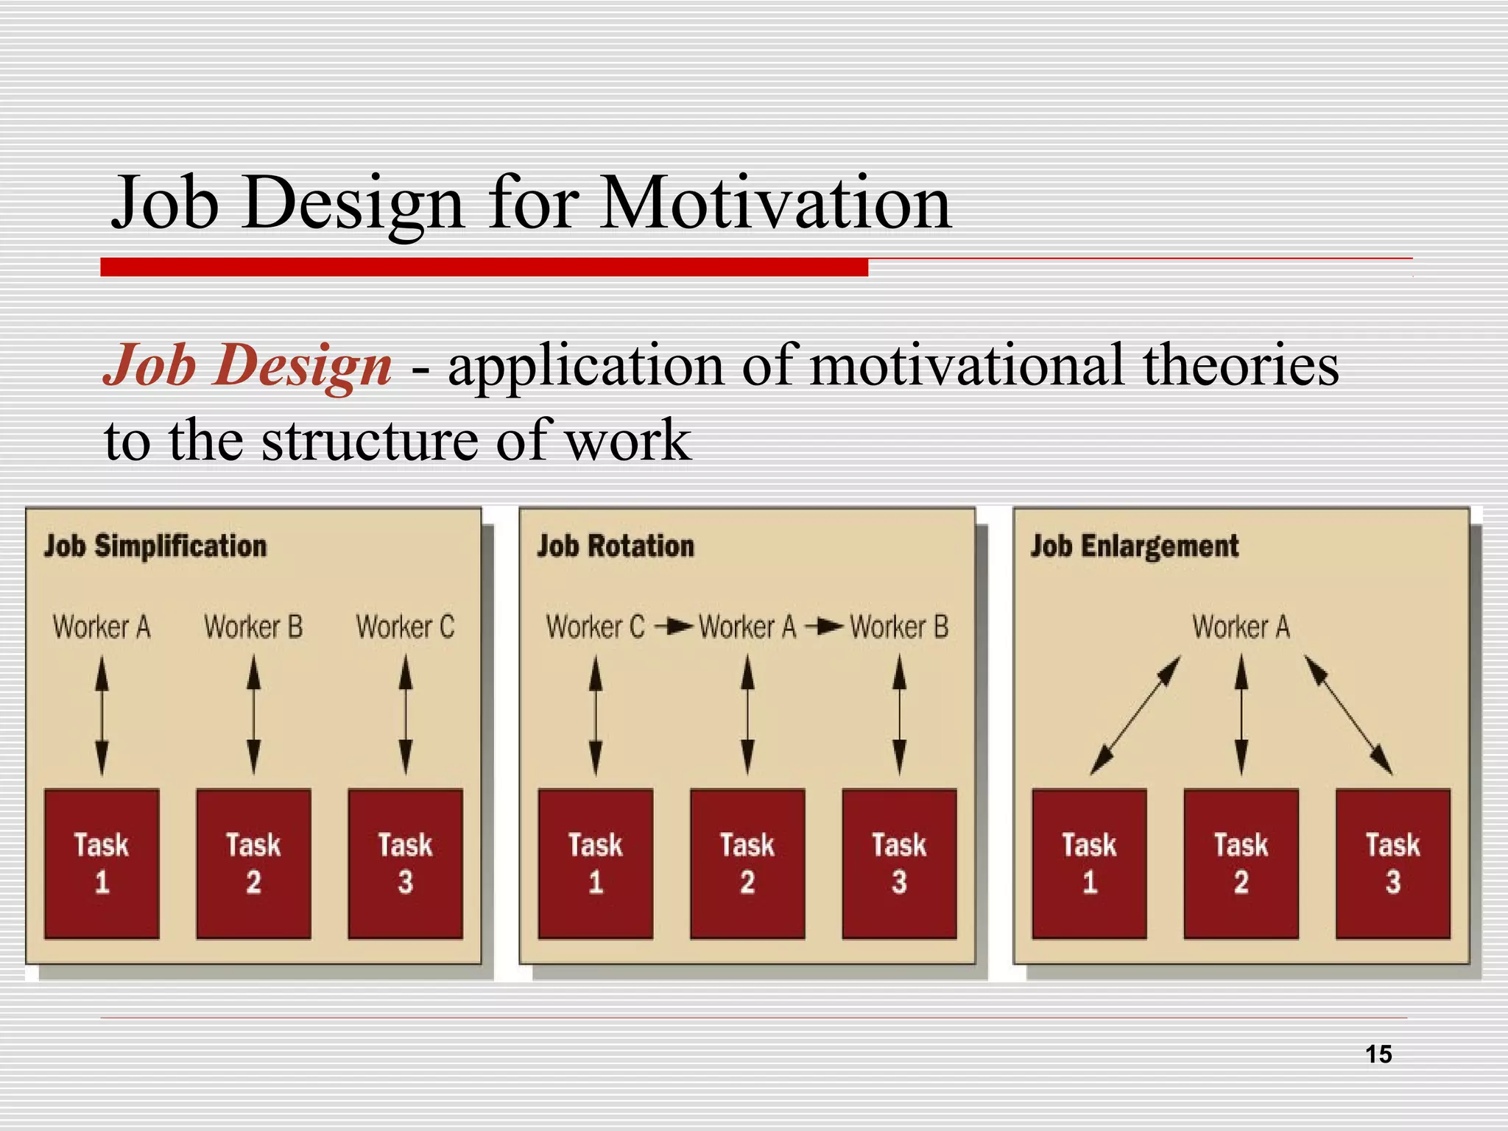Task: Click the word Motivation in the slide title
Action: point(775,202)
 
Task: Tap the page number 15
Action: point(1378,1054)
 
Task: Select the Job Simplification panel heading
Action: point(155,546)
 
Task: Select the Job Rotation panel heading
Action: point(616,546)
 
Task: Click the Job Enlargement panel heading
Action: point(1134,546)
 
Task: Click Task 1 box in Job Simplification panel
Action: point(102,864)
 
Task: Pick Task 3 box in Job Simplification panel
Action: point(405,864)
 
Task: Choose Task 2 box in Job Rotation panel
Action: point(747,864)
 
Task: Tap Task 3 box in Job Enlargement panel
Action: point(1392,864)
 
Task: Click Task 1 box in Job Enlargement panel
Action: point(1089,864)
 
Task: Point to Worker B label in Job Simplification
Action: point(253,627)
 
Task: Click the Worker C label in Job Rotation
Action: point(595,627)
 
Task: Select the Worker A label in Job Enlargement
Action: point(1241,627)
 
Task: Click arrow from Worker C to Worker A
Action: point(674,627)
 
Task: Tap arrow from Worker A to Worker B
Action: point(824,627)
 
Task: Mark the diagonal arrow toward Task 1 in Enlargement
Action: point(1135,716)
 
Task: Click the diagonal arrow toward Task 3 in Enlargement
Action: point(1349,716)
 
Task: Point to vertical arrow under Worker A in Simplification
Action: point(102,716)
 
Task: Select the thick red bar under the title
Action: point(484,267)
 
